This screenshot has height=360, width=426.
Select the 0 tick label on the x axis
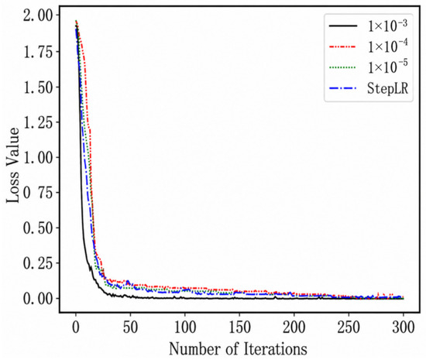pos(76,327)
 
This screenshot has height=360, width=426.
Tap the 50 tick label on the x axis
pos(130,327)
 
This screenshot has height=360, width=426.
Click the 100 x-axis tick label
pos(185,327)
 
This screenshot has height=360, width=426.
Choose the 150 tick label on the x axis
pos(239,327)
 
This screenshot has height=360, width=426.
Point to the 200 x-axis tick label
pos(294,327)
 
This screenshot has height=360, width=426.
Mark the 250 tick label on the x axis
pos(349,327)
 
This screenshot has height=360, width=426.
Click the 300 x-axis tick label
pos(404,327)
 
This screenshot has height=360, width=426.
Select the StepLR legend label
pos(387,88)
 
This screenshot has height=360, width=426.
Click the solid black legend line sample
pos(343,26)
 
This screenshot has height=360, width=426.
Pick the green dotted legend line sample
pos(343,67)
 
